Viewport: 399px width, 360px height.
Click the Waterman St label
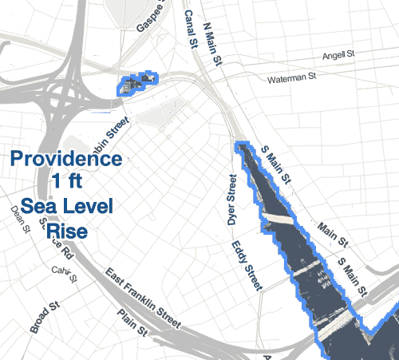coord(290,78)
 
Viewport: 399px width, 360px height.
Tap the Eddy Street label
coord(247,264)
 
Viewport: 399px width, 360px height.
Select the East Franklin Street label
coord(144,299)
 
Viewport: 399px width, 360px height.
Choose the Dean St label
coord(20,217)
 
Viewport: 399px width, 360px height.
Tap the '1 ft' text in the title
coord(67,180)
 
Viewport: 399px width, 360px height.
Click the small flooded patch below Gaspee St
coord(137,84)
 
